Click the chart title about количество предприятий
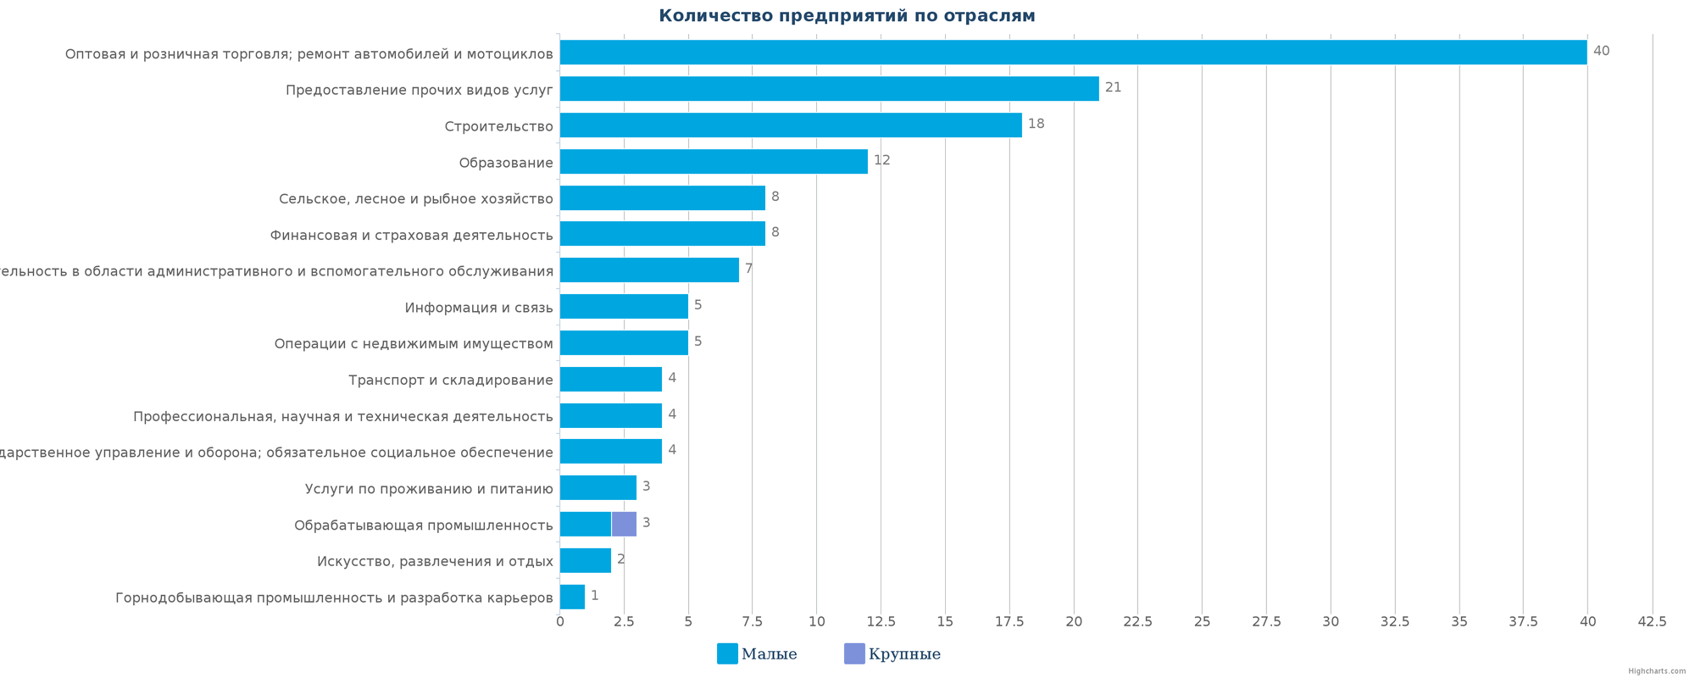[x=847, y=16]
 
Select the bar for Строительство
[x=791, y=125]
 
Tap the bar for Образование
[x=714, y=162]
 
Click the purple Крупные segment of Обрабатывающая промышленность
[x=624, y=524]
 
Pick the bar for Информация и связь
[x=624, y=307]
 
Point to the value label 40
[x=1601, y=51]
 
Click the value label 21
[x=1113, y=87]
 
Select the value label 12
[x=881, y=160]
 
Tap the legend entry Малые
[x=757, y=654]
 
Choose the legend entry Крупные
[x=892, y=654]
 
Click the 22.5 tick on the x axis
[x=1137, y=622]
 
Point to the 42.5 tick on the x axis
[x=1651, y=622]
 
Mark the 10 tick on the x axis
[x=816, y=622]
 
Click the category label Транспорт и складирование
[x=450, y=381]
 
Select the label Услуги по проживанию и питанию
[x=429, y=489]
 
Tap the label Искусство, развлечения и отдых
[x=435, y=562]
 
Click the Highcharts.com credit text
[x=1656, y=671]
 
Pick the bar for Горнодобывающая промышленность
[x=572, y=597]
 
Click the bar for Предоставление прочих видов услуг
[x=829, y=89]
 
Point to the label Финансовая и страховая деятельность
[x=411, y=236]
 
